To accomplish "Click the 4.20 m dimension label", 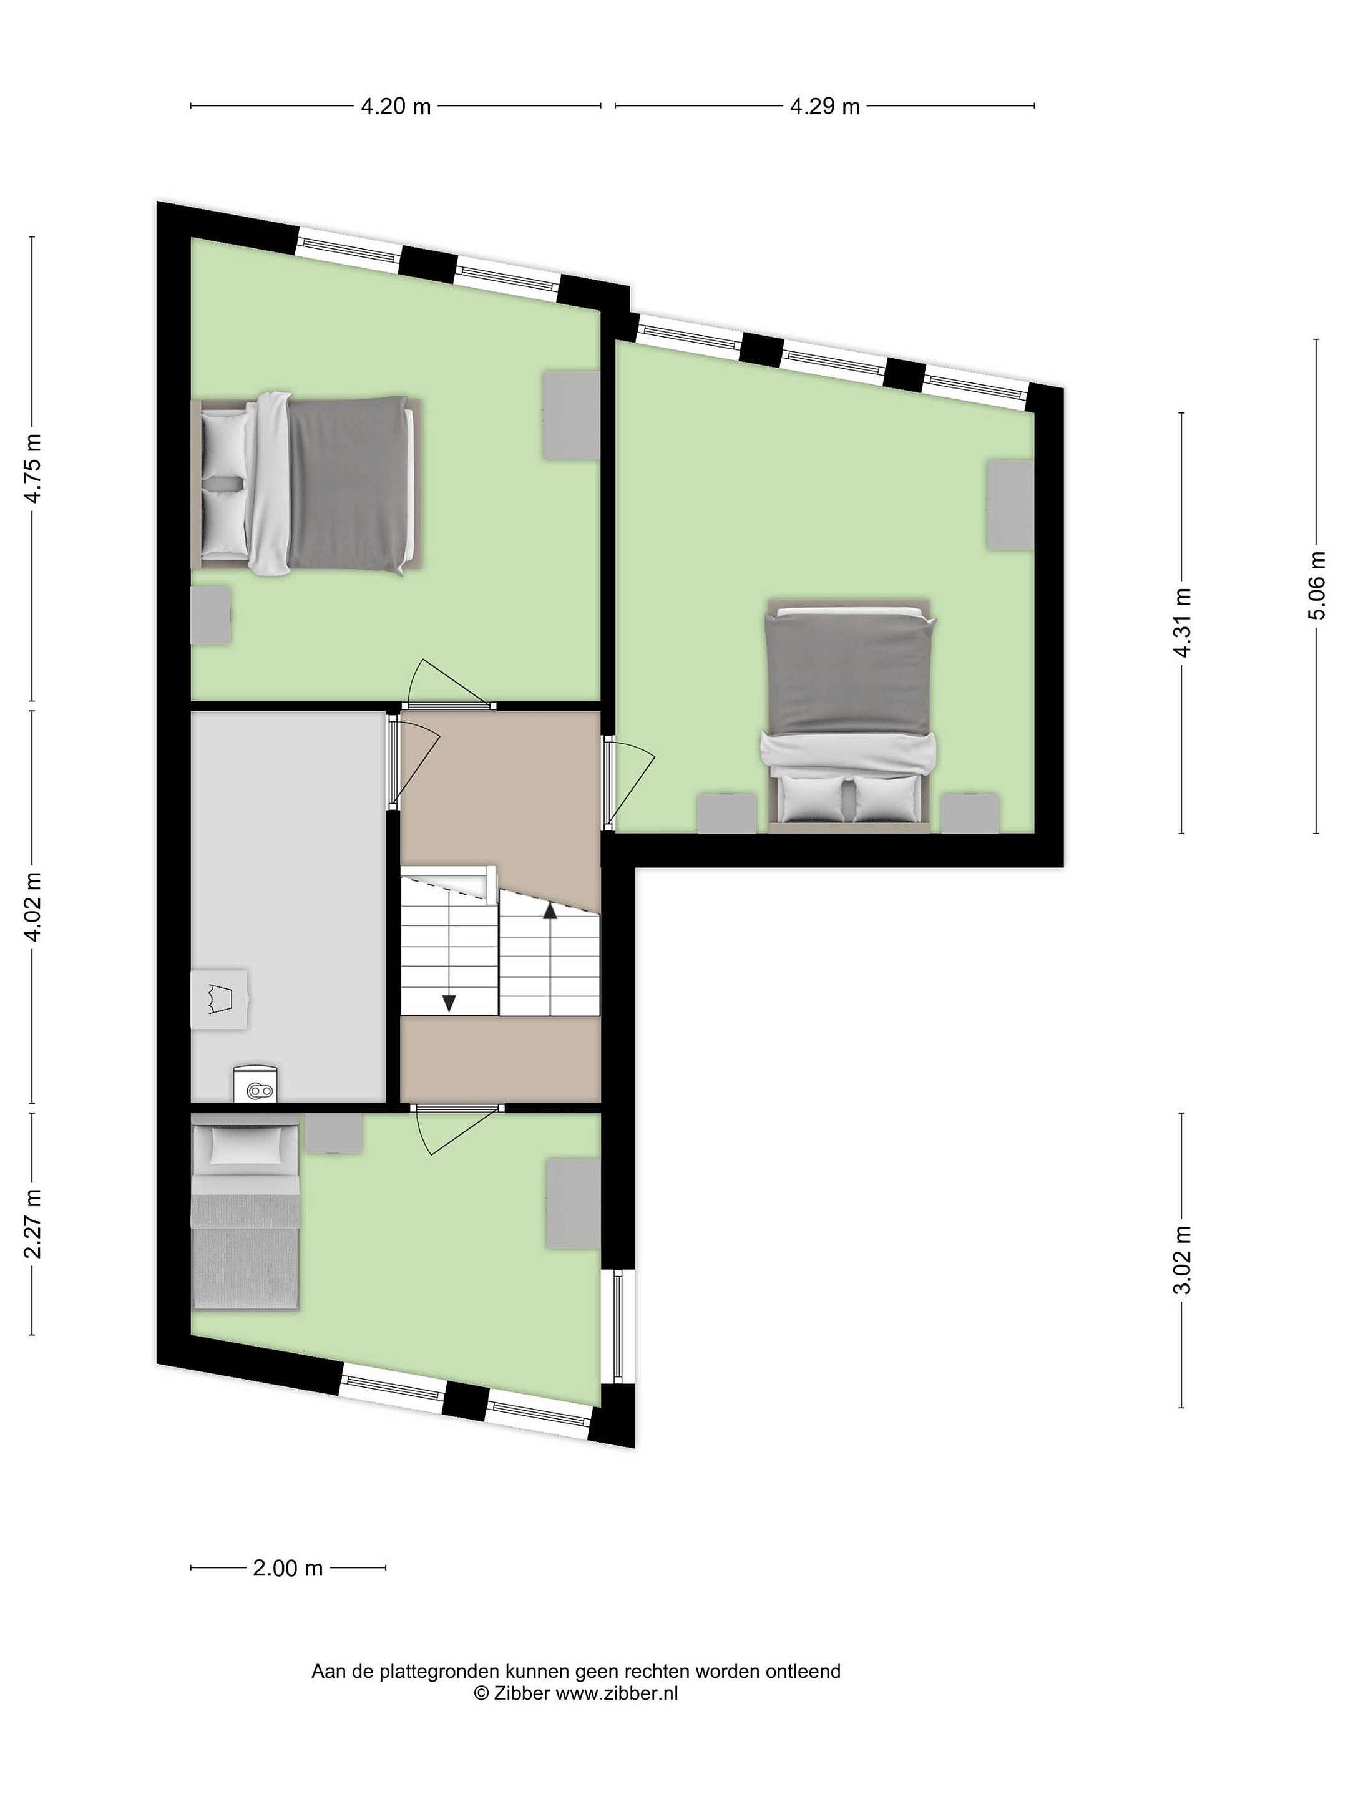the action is pos(396,107).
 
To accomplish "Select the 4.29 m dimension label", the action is pos(825,107).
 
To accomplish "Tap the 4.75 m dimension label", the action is pos(33,469).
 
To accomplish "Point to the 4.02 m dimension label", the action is pos(33,907).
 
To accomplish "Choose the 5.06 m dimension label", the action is pos(1316,586).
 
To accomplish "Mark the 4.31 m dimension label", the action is pos(1182,623).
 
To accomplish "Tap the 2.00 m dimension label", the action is pos(288,1568).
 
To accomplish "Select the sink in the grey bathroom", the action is pos(220,999).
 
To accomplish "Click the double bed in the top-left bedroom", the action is pos(307,484).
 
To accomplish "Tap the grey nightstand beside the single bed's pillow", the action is pos(334,1133).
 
